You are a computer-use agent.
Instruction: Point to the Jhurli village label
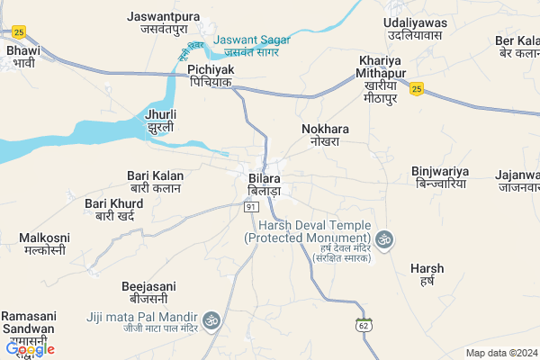tap(160, 121)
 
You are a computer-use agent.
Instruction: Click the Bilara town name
tap(265, 185)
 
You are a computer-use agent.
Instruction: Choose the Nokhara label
tap(324, 136)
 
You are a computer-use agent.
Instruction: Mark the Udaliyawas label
tap(415, 27)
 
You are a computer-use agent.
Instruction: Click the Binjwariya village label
tap(440, 175)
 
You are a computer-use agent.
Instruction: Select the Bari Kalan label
tap(156, 182)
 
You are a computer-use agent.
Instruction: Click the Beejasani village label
tap(148, 292)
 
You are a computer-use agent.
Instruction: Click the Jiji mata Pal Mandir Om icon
tap(212, 319)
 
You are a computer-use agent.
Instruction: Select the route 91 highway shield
tap(251, 207)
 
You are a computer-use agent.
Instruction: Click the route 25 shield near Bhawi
tap(20, 31)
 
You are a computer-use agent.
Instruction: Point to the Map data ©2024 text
tap(500, 353)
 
